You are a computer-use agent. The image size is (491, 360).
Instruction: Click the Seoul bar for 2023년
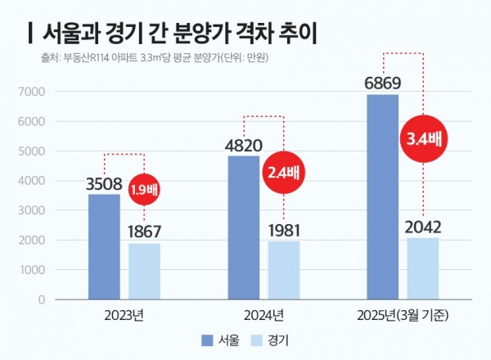click(x=103, y=246)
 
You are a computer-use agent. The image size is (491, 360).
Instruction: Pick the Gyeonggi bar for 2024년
click(x=284, y=270)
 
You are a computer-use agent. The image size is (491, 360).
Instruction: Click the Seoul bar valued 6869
click(x=382, y=196)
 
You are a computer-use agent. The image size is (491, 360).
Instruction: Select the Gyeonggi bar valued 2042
click(x=424, y=268)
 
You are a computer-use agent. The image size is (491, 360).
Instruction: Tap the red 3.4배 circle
click(x=423, y=139)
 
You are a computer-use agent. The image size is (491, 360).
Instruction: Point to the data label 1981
click(x=284, y=227)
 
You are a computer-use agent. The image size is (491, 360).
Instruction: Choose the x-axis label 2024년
click(x=264, y=315)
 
